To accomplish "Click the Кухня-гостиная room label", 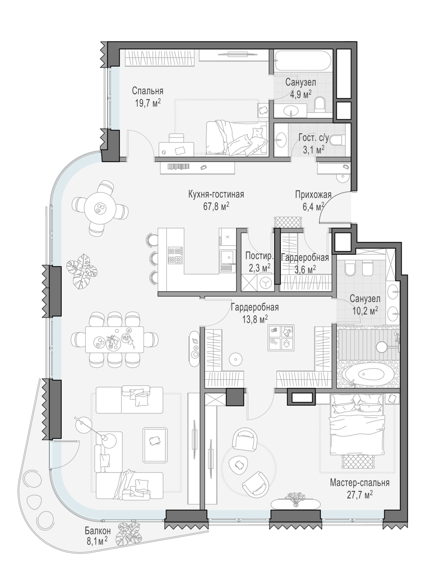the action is point(216,195).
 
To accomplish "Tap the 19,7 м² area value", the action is point(148,103).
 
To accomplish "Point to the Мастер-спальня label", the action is point(359,483).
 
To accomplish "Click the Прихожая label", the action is point(313,195).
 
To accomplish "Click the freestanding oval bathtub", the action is point(368,375).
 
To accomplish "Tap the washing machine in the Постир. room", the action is point(266,283).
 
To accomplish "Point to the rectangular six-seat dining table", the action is point(115,340).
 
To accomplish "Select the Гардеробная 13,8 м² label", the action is point(255,313).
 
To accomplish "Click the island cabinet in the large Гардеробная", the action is point(281,337).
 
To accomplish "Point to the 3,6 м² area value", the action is point(305,269).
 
